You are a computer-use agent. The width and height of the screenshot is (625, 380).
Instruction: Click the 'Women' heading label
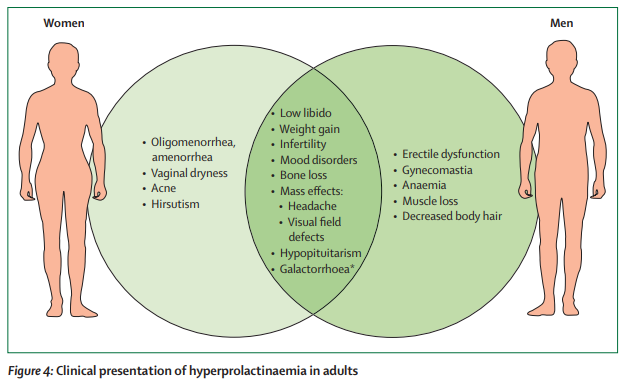point(63,23)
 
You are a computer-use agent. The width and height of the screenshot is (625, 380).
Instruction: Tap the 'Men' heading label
point(562,23)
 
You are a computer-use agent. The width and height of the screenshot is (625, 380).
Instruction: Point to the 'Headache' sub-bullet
point(315,206)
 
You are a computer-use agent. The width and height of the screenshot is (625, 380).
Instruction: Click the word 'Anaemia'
point(424,185)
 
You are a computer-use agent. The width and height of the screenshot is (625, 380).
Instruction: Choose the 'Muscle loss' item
point(432,201)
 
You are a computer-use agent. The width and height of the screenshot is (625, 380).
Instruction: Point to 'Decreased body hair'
point(451,217)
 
